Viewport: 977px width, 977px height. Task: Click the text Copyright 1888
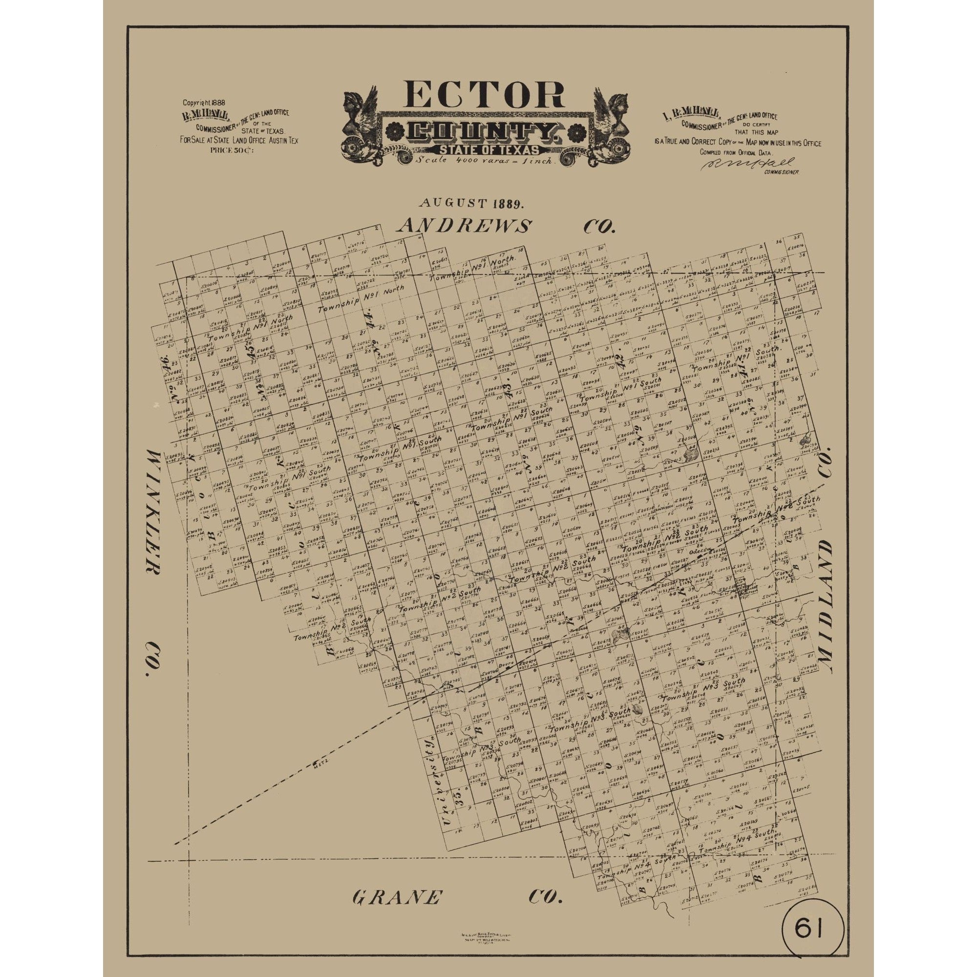tap(204, 102)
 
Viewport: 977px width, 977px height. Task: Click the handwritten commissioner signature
tap(747, 164)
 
